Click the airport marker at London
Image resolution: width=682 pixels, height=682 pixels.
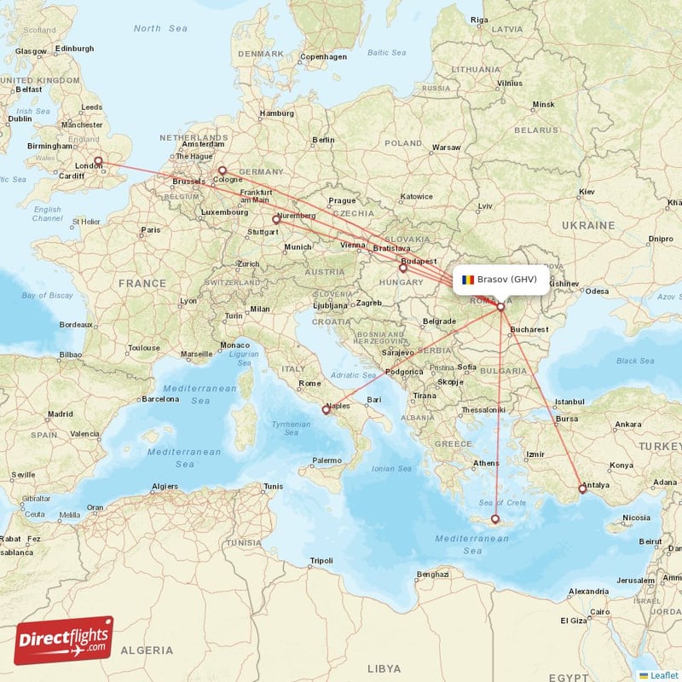(x=98, y=160)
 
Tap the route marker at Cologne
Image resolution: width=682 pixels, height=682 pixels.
(x=223, y=170)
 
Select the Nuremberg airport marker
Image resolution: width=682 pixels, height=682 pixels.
(x=275, y=219)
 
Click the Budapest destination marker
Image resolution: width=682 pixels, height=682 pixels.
(x=403, y=267)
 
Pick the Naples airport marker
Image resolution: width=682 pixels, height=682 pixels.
(x=326, y=410)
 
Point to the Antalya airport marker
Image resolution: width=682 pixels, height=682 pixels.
(x=582, y=488)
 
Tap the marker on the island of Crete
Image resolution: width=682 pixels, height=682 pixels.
(x=494, y=518)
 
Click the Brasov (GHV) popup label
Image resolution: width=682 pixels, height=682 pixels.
(x=506, y=279)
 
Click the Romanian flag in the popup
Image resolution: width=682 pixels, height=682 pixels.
(x=468, y=279)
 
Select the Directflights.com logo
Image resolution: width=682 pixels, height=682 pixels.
(x=64, y=640)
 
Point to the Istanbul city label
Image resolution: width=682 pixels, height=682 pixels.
(x=569, y=401)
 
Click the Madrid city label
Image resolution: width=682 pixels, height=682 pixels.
(x=61, y=414)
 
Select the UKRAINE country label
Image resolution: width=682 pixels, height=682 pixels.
(x=588, y=225)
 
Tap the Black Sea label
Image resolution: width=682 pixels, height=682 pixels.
(x=635, y=361)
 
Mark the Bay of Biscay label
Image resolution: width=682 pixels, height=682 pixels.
(x=47, y=295)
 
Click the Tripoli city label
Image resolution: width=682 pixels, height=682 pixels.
(x=321, y=560)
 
